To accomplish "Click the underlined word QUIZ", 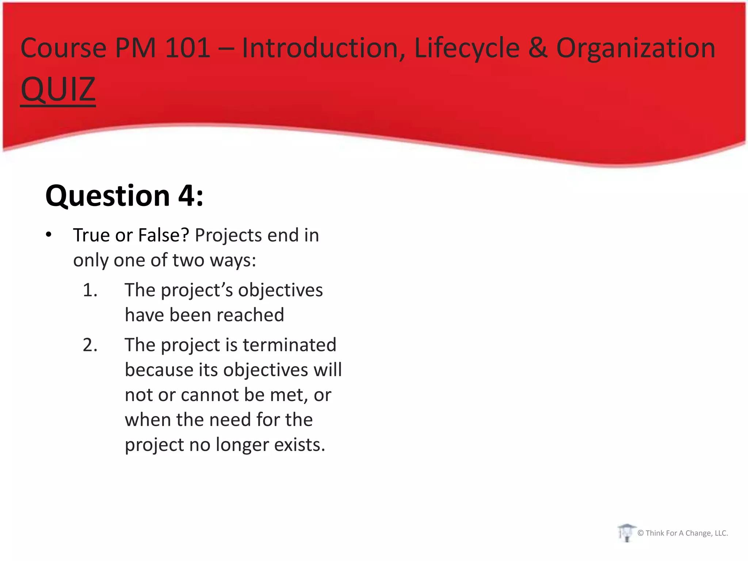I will click(58, 89).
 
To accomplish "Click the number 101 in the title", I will click(188, 48).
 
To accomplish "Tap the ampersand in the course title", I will click(538, 48).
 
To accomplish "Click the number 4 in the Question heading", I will click(187, 196).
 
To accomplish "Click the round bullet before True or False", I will click(49, 235).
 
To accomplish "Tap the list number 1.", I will click(90, 290).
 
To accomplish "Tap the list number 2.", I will click(90, 345).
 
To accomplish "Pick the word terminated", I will click(289, 345).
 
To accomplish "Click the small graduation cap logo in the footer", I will click(626, 533).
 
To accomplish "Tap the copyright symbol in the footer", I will click(640, 533).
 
